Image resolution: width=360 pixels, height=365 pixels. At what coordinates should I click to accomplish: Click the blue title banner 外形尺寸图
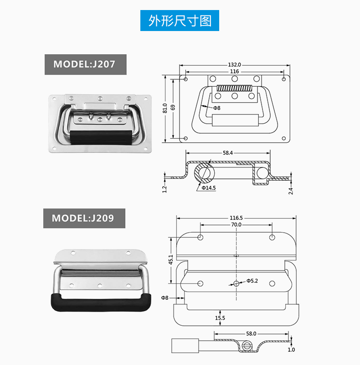(x=180, y=21)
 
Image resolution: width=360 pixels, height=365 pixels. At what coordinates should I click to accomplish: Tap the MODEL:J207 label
(x=85, y=64)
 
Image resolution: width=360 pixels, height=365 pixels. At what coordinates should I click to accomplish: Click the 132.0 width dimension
(x=234, y=65)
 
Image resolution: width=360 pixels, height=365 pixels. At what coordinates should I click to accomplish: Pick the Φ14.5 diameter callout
(x=209, y=188)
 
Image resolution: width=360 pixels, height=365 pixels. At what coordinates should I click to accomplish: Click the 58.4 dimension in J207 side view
(x=228, y=153)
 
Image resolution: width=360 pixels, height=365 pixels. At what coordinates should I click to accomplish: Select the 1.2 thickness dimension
(x=165, y=188)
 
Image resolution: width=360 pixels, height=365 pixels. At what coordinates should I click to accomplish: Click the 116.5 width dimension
(x=236, y=218)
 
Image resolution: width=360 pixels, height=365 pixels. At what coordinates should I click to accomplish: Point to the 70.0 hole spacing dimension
(x=236, y=225)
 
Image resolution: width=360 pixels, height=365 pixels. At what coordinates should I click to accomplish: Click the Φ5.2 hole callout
(x=252, y=281)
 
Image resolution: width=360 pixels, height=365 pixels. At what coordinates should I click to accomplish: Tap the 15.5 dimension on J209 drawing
(x=220, y=318)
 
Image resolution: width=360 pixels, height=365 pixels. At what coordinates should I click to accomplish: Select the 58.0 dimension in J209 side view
(x=251, y=334)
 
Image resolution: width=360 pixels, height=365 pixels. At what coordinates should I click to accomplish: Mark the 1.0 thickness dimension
(x=291, y=349)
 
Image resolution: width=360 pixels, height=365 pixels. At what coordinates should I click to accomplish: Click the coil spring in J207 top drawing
(x=234, y=88)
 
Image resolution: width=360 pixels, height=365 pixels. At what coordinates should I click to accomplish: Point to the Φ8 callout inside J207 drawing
(x=216, y=108)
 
